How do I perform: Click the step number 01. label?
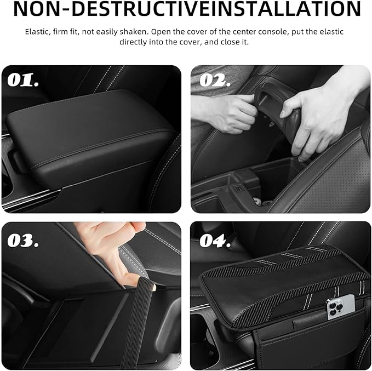pos(23,80)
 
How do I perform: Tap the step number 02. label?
pos(215,80)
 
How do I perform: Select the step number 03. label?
pos(23,241)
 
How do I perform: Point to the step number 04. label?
pos(215,241)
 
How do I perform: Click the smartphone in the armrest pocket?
pos(341,307)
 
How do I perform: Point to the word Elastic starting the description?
pos(37,32)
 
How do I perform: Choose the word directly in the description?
pos(133,42)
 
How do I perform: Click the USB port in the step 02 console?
pos(238,189)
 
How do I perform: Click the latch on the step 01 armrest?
pos(16,162)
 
